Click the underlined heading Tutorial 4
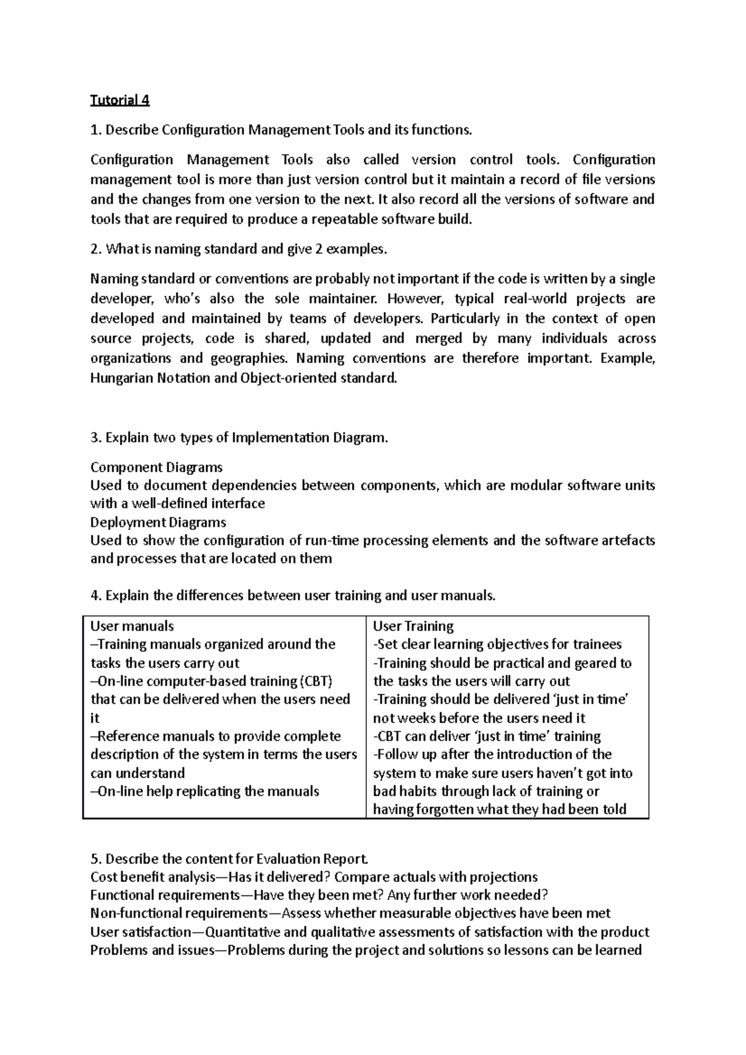pos(120,100)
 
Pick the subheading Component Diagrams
pos(156,467)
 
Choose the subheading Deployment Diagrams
pos(158,522)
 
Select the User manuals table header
pos(132,626)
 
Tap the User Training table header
pos(413,626)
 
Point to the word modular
pos(535,485)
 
